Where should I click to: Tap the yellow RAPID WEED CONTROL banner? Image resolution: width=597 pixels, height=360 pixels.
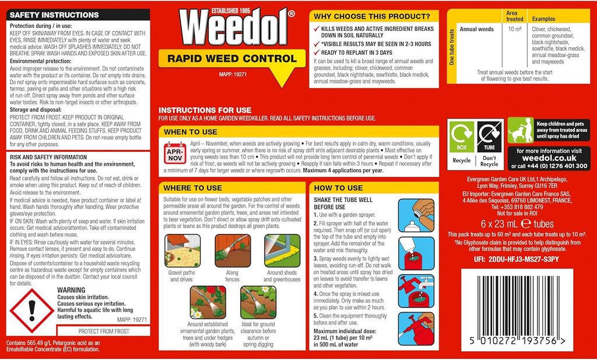pyautogui.click(x=231, y=58)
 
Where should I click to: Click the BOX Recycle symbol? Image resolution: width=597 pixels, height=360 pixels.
pyautogui.click(x=461, y=137)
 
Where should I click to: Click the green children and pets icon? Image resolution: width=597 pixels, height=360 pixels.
pyautogui.click(x=520, y=130)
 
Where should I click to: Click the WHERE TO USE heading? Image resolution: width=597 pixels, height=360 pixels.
pyautogui.click(x=193, y=188)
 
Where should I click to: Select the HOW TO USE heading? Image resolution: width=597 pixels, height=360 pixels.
pyautogui.click(x=338, y=188)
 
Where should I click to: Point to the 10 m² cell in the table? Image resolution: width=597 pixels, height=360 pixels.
pyautogui.click(x=514, y=29)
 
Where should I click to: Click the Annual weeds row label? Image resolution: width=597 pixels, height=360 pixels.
pyautogui.click(x=476, y=29)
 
